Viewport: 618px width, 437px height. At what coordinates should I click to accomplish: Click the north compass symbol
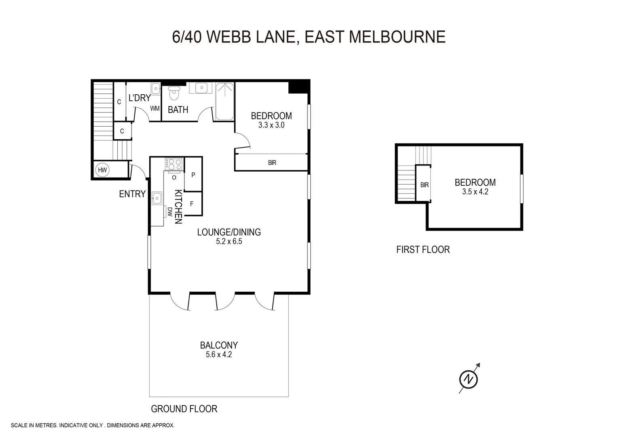[468, 379]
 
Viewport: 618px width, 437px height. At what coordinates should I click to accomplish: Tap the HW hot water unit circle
[102, 170]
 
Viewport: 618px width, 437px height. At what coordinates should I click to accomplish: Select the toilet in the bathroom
[174, 93]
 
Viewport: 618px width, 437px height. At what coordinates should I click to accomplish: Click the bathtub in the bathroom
[224, 102]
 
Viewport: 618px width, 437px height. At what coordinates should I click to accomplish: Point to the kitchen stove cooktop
[174, 164]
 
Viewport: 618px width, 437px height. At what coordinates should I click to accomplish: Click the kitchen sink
[157, 198]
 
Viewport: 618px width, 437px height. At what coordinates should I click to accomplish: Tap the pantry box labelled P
[193, 175]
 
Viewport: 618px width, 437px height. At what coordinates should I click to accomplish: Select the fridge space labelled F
[192, 204]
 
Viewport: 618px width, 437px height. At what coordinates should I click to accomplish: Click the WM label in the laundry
[155, 108]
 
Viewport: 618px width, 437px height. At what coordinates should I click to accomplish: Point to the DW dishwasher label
[170, 212]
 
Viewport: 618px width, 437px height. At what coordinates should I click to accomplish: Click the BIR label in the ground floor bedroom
[272, 163]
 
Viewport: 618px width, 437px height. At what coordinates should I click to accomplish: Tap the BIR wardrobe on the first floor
[424, 184]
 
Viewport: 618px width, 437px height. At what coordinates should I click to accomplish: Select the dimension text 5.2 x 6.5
[229, 242]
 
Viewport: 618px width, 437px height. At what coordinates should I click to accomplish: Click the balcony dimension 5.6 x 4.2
[219, 355]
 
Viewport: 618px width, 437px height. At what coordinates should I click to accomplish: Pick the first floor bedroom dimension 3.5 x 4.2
[475, 192]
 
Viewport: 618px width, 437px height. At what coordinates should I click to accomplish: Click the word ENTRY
[132, 194]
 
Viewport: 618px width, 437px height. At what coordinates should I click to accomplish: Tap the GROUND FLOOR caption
[184, 409]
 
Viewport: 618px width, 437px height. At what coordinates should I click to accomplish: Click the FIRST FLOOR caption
[423, 250]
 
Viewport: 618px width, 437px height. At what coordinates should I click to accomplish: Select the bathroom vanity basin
[201, 88]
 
